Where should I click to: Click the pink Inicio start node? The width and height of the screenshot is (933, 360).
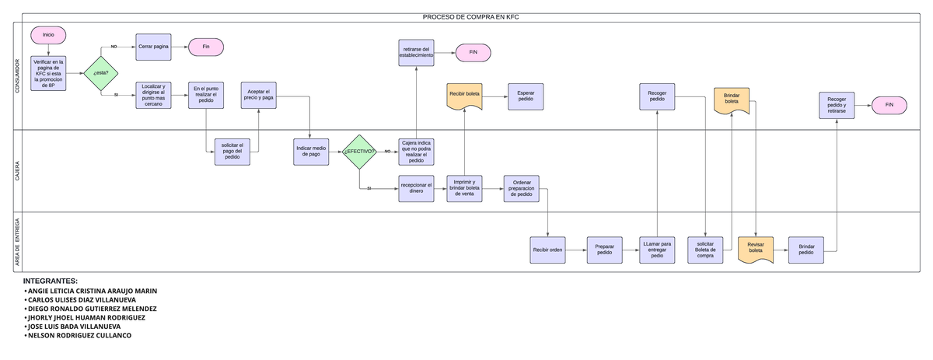[x=48, y=35]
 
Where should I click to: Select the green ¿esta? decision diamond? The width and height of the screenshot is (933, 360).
[x=100, y=73]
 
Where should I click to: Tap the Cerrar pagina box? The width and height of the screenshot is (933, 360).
[x=153, y=47]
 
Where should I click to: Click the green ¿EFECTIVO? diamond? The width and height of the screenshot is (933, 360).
[x=359, y=152]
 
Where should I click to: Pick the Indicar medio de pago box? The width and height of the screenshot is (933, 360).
[x=310, y=152]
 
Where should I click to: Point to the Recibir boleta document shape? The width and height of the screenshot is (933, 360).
[x=464, y=95]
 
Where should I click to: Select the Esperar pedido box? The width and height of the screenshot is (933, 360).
[x=526, y=96]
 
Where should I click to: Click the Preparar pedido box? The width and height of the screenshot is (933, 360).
[x=604, y=250]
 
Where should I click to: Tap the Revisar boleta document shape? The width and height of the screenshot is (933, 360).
[x=756, y=249]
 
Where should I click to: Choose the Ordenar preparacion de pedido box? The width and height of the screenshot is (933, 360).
[x=522, y=188]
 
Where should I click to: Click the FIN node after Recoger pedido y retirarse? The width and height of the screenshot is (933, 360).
[x=889, y=104]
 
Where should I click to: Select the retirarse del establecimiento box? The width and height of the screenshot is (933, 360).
[x=417, y=53]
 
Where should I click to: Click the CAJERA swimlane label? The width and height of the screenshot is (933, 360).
[x=18, y=171]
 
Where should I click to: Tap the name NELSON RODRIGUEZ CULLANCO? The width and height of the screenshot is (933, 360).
[x=79, y=336]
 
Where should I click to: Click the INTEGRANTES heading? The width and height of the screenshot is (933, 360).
[x=51, y=280]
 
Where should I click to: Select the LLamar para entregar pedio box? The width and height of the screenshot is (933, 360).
[x=657, y=250]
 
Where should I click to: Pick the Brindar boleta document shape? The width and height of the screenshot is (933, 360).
[x=732, y=100]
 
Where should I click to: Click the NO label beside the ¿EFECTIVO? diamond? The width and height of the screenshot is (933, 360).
[x=387, y=152]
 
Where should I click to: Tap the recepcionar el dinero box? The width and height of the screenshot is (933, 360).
[x=417, y=188]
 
